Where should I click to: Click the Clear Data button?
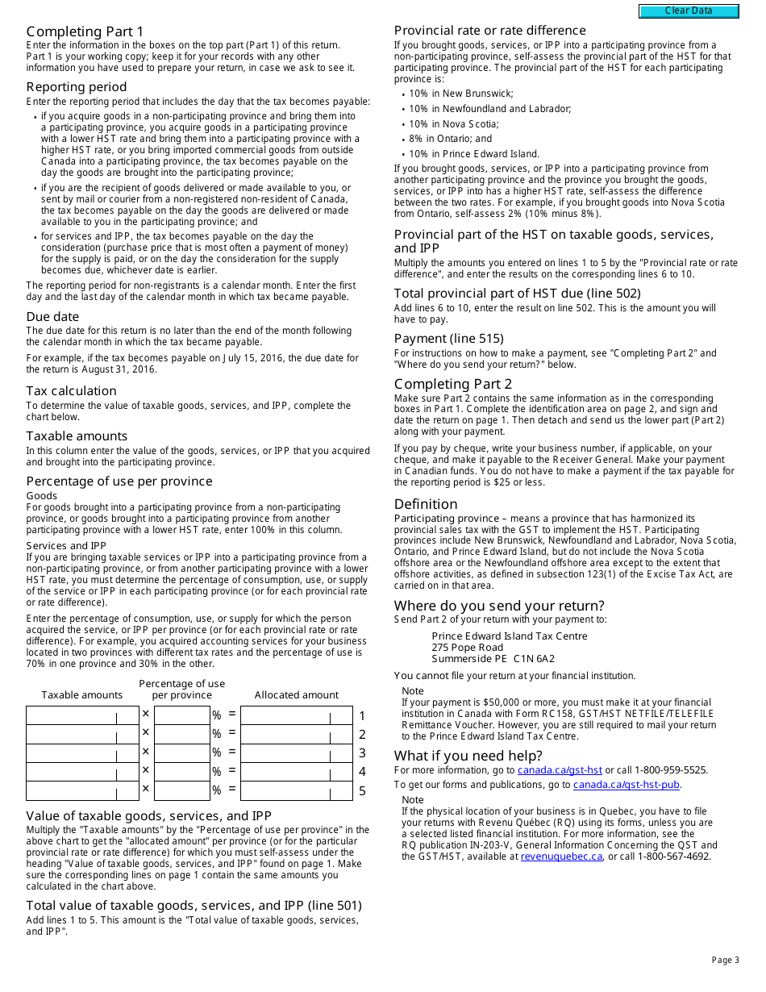click(689, 11)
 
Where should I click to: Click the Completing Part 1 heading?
click(85, 31)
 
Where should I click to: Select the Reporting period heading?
click(77, 87)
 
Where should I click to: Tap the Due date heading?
click(52, 317)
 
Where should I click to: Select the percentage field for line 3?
click(181, 753)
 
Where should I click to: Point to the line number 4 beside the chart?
click(362, 772)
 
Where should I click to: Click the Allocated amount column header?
click(296, 695)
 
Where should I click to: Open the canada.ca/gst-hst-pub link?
click(627, 785)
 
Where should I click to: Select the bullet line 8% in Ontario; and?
click(450, 139)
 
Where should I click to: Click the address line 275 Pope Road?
click(467, 648)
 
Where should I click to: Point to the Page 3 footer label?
click(725, 960)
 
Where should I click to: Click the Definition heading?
click(426, 504)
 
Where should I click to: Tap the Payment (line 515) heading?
click(448, 339)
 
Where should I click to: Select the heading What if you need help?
click(468, 756)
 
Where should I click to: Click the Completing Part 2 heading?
click(453, 384)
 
